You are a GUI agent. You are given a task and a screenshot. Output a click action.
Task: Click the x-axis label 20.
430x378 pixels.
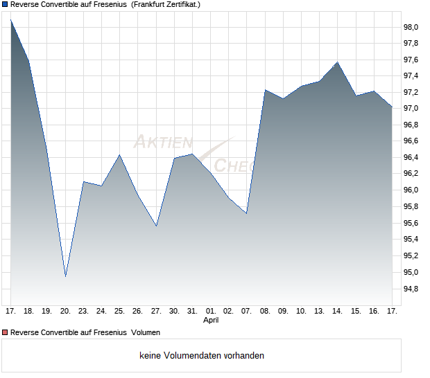65,311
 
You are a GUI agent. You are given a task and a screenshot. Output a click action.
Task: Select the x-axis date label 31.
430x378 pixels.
192,311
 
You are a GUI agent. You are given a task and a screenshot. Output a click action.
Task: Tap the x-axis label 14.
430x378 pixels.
337,311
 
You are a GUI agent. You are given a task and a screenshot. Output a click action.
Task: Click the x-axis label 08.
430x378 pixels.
265,311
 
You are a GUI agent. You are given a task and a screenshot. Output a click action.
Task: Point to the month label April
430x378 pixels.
211,321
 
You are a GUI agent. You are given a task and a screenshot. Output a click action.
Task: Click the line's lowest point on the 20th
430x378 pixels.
65,276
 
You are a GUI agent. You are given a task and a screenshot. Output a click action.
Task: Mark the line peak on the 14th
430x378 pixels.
337,62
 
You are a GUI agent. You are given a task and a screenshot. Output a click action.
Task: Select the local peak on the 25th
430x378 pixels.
119,154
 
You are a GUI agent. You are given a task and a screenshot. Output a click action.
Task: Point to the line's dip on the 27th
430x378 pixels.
156,226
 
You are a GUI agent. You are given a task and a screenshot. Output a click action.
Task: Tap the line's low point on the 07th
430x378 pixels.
247,213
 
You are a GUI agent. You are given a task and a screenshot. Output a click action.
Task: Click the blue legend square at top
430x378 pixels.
6,4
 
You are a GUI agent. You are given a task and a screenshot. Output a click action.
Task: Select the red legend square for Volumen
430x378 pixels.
6,332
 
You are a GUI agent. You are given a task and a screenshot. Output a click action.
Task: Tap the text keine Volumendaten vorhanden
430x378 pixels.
202,355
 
